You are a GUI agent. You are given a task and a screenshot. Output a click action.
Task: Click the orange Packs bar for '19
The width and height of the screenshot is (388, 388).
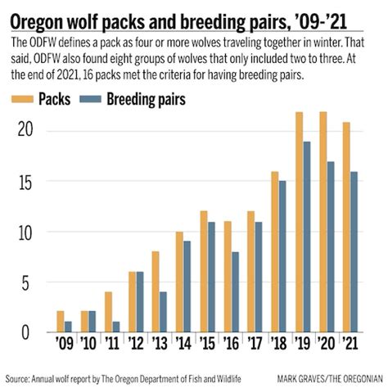[300, 222]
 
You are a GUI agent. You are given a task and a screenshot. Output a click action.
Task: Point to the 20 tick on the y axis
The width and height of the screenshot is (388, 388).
[27, 131]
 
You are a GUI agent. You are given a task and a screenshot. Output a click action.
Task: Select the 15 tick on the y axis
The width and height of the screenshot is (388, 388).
[27, 182]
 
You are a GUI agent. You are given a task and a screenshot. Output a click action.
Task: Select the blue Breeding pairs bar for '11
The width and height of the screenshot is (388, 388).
[117, 327]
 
